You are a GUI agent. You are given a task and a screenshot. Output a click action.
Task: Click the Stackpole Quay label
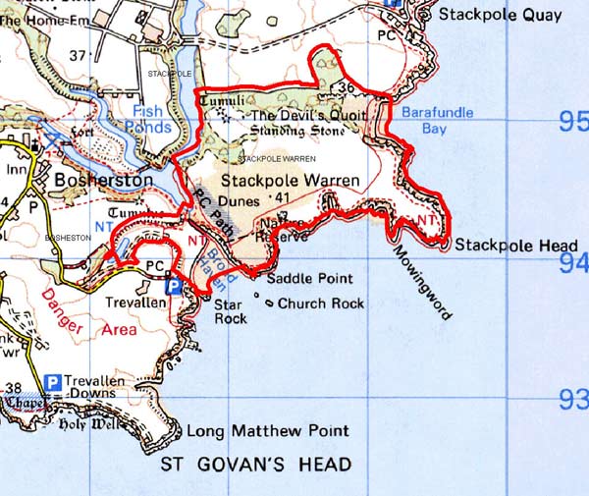click(501, 15)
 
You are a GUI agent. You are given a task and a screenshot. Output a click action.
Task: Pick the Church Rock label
click(321, 303)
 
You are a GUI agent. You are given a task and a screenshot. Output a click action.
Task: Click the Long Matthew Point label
click(267, 430)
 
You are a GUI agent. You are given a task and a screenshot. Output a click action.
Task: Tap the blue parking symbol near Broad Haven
click(173, 286)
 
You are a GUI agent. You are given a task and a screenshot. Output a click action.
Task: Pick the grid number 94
click(570, 262)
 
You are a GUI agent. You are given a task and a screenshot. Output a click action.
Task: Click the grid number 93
click(570, 401)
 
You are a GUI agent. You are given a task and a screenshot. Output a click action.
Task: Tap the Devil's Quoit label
click(308, 115)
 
